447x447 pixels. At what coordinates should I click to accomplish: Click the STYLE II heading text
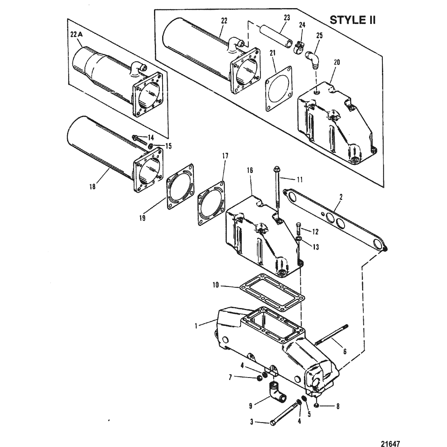coord(352,20)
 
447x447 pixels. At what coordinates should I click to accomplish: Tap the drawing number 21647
coord(391,443)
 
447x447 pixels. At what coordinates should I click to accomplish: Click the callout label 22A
coord(76,35)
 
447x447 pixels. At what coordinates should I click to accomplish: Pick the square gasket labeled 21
coord(278,89)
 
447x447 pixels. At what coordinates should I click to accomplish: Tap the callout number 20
coord(337,62)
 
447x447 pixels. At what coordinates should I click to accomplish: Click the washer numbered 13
coord(299,238)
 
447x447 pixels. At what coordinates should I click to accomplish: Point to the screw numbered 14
coord(139,140)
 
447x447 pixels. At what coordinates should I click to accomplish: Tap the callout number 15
coord(169,146)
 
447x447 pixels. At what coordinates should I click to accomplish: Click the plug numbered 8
coord(317,406)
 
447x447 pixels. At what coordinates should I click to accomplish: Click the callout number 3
coord(252,422)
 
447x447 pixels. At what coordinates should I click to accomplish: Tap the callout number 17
coord(225,156)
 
